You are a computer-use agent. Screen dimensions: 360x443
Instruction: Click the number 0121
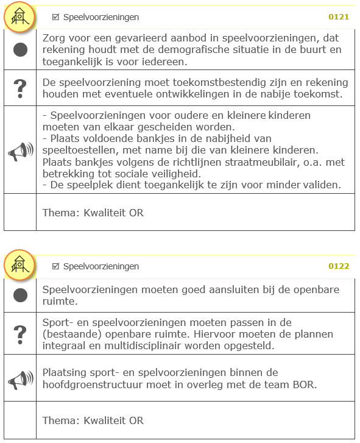(x=338, y=17)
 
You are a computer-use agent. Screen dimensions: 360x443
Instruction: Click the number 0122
(x=338, y=266)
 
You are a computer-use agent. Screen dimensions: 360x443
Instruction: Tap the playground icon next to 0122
(x=19, y=265)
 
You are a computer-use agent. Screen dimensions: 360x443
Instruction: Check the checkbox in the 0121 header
(x=56, y=17)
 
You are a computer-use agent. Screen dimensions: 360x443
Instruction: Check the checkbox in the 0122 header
(x=56, y=266)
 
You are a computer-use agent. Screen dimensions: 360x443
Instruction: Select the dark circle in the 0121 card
(x=20, y=50)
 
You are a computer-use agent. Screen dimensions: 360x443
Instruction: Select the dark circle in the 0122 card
(x=20, y=296)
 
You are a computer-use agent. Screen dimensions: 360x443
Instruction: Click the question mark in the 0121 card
(x=20, y=88)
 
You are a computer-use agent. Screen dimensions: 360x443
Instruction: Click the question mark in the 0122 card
(x=20, y=333)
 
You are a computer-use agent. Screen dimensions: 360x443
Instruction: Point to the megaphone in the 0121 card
(x=20, y=151)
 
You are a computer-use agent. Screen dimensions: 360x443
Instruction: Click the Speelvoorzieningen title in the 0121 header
(x=101, y=17)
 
